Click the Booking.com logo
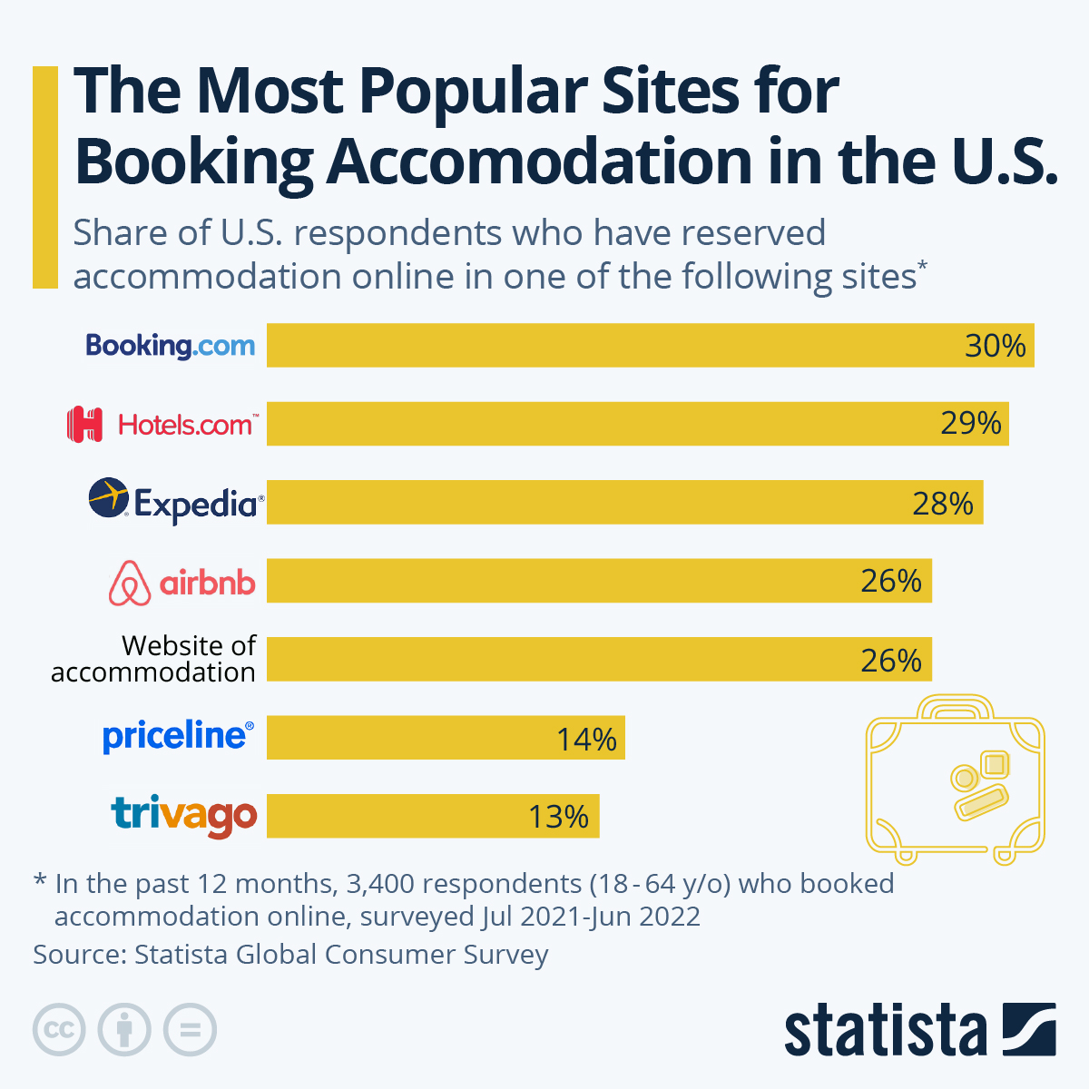tap(171, 346)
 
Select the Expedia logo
tap(176, 501)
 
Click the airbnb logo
tap(181, 582)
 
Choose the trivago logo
tap(184, 815)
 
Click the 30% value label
tap(995, 346)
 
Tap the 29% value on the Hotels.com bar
tap(970, 424)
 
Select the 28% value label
tap(943, 503)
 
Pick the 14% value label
tap(586, 739)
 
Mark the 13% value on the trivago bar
tap(559, 817)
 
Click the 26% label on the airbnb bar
tap(891, 581)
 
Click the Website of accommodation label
tap(153, 659)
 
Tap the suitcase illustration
tap(955, 779)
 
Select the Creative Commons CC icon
tap(59, 1030)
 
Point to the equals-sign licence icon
tap(191, 1030)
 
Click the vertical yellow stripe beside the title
tap(44, 177)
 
